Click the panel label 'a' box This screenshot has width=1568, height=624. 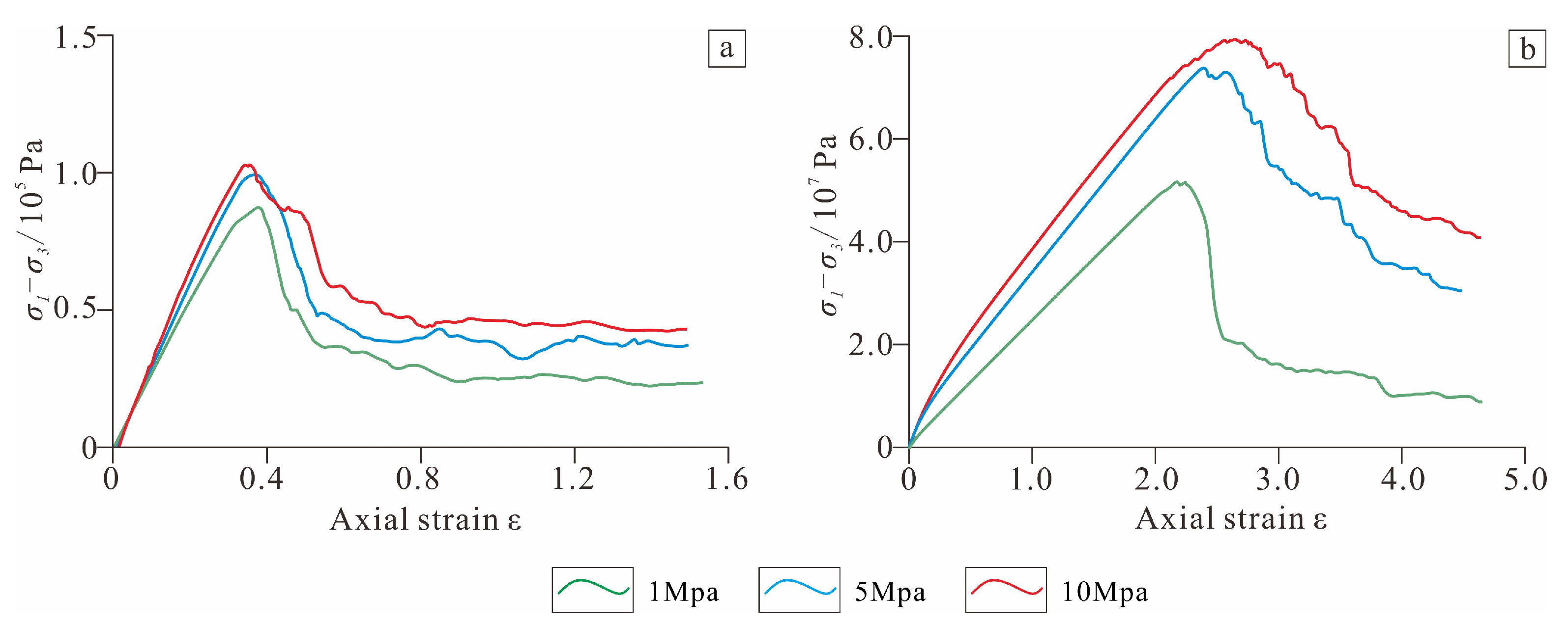click(727, 48)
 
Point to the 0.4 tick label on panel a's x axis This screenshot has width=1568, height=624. click(261, 479)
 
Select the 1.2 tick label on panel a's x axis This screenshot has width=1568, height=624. click(572, 479)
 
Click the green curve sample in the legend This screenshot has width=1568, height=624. click(592, 589)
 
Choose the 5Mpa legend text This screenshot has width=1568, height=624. click(889, 591)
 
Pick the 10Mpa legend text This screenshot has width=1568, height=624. click(1105, 591)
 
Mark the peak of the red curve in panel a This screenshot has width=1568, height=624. click(247, 164)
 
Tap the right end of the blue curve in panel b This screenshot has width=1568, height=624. click(1460, 291)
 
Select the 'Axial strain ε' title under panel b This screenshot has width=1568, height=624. click(1231, 519)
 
